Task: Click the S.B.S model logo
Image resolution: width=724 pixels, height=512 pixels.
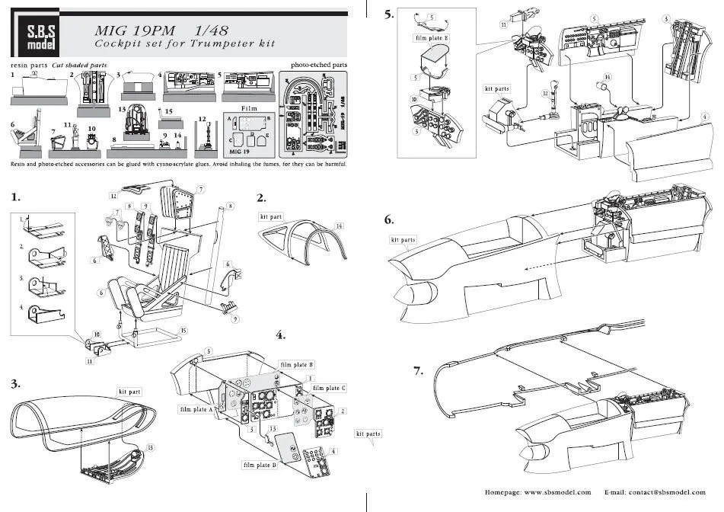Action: (35, 33)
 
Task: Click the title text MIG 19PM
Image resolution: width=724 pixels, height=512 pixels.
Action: (134, 30)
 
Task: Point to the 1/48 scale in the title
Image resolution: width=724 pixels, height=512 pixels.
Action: (212, 30)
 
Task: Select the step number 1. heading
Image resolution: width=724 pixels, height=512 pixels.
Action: (16, 197)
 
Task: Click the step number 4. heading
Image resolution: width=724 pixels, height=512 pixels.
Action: (281, 335)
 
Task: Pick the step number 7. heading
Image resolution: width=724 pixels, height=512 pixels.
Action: (418, 371)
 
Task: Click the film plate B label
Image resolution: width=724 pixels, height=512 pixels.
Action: (296, 365)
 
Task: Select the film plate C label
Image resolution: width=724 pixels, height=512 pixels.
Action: (329, 388)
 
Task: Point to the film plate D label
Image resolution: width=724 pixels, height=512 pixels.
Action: (260, 464)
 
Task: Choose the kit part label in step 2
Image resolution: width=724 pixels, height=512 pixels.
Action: (271, 216)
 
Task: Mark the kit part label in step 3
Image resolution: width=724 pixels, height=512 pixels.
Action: (131, 391)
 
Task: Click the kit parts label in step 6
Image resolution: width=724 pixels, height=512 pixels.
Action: (403, 240)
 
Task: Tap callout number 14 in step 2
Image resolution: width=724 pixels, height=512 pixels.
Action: (340, 226)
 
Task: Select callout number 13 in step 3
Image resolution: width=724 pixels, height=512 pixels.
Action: (150, 447)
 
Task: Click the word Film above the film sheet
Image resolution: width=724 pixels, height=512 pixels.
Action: (249, 108)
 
